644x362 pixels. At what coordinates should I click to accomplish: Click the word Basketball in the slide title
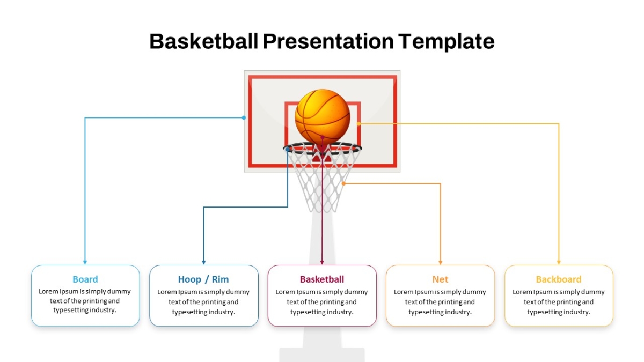click(x=204, y=41)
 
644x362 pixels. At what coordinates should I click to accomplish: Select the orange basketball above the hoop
click(x=323, y=116)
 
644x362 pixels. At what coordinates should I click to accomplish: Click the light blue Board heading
click(x=85, y=279)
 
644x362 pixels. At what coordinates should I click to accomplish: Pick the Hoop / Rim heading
click(x=203, y=279)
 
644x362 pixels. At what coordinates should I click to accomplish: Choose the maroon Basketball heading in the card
click(x=321, y=279)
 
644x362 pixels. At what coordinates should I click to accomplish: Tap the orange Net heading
click(x=440, y=279)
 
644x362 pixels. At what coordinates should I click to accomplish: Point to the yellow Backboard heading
click(x=559, y=279)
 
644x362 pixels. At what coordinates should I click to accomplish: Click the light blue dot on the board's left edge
click(x=244, y=117)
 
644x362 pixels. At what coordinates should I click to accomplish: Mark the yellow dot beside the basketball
click(x=358, y=124)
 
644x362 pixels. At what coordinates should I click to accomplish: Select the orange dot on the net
click(x=343, y=183)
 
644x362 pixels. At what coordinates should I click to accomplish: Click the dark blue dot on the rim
click(x=287, y=150)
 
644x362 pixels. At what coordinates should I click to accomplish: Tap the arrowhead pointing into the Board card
click(x=85, y=262)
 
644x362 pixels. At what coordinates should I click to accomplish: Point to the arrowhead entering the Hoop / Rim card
click(x=203, y=262)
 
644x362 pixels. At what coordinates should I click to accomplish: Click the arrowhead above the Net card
click(x=440, y=262)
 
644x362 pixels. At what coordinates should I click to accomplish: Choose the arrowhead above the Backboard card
click(x=559, y=262)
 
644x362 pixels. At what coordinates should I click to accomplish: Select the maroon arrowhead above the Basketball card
click(x=322, y=262)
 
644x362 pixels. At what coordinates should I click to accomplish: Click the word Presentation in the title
click(x=328, y=41)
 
